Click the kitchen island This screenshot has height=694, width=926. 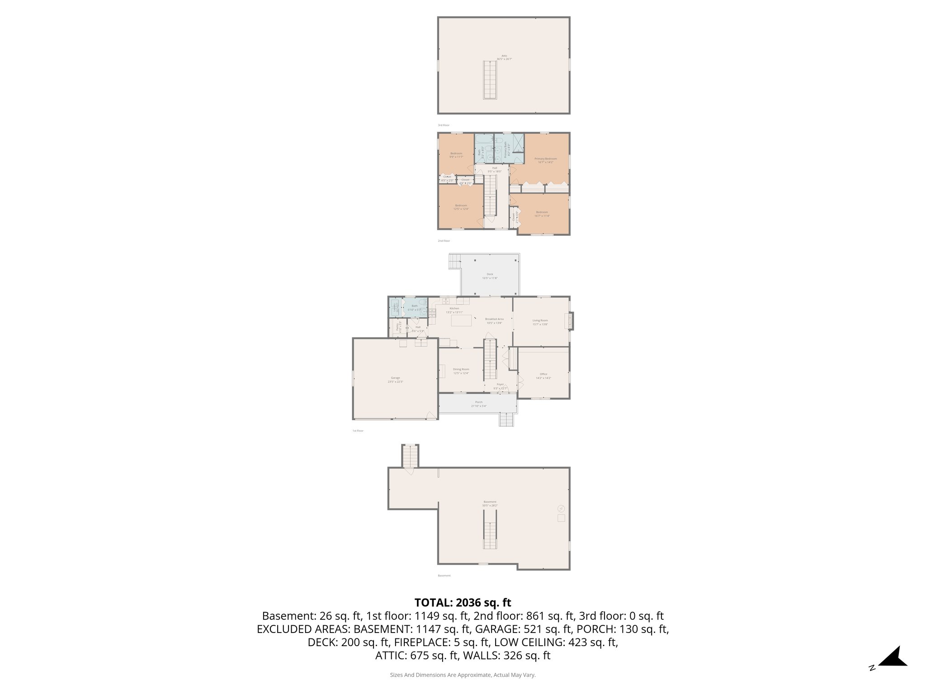(x=461, y=320)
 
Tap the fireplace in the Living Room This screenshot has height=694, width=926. (x=570, y=322)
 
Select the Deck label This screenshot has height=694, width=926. (x=490, y=274)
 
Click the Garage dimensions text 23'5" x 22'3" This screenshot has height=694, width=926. (x=395, y=382)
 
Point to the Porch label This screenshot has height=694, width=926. (x=478, y=402)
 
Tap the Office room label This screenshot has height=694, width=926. (x=543, y=374)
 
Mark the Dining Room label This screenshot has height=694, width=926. (x=461, y=369)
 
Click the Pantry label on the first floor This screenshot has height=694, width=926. (x=398, y=327)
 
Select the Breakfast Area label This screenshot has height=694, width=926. (x=494, y=319)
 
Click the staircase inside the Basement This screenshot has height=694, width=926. (x=490, y=535)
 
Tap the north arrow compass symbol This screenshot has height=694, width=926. (x=892, y=657)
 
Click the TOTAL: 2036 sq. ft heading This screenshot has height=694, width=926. (x=463, y=603)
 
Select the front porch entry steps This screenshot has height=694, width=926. (x=507, y=420)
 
